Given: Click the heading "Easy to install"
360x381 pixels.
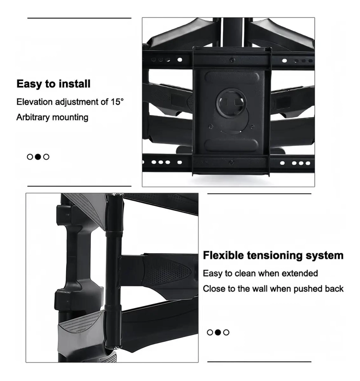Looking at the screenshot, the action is click(54, 84).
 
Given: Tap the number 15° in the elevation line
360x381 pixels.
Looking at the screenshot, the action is click(117, 102).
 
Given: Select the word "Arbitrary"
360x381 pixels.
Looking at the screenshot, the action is click(33, 117).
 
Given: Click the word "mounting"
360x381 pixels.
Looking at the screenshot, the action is click(70, 118).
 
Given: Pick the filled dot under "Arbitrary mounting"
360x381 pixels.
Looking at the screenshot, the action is click(38, 157).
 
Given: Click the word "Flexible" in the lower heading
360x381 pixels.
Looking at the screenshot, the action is click(223, 255).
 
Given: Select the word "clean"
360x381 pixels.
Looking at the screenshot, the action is click(245, 273).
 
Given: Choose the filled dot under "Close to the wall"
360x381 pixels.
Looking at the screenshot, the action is click(218, 332).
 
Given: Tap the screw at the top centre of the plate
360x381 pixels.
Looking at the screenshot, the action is click(232, 60).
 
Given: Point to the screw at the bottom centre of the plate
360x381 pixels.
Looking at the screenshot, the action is click(231, 162).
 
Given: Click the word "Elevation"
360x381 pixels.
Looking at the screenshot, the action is click(35, 102).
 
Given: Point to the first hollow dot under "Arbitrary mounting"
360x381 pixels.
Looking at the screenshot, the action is click(30, 157).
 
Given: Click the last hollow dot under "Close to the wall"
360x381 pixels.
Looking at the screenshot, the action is click(226, 332).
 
